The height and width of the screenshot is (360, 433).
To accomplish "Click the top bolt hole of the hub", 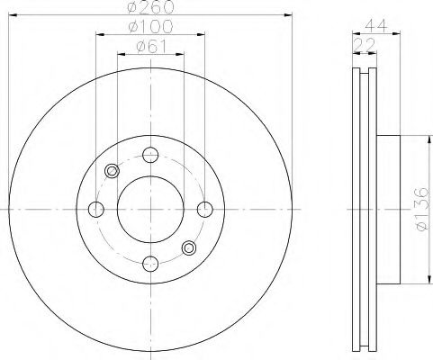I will (150, 155).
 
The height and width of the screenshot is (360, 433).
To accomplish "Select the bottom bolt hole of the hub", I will (150, 263).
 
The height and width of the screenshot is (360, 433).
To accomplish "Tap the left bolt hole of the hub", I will (96, 209).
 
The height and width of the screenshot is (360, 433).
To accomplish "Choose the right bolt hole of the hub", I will (204, 209).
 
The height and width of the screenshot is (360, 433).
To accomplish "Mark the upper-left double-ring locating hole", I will (113, 171).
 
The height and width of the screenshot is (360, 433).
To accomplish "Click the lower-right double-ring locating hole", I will (188, 247).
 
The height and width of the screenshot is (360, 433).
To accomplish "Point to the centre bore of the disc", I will (150, 209).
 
